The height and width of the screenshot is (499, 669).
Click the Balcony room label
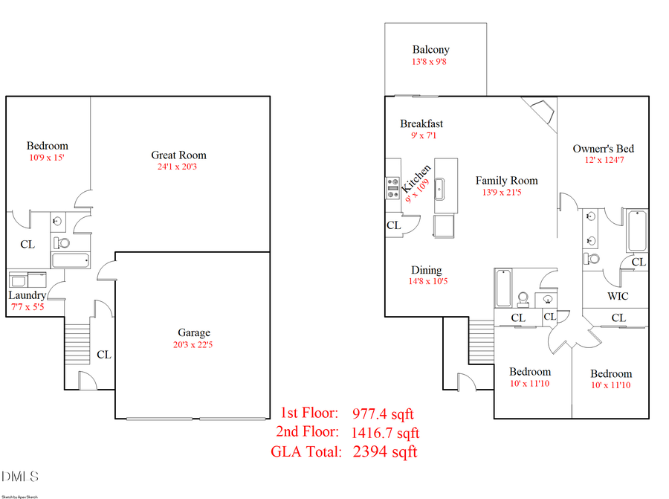(431, 50)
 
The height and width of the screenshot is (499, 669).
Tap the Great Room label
(178, 155)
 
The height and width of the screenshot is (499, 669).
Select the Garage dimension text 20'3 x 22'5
(193, 345)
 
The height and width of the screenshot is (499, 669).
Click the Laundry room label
(28, 295)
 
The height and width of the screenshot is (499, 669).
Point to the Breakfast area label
(421, 123)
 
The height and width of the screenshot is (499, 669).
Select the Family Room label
(506, 181)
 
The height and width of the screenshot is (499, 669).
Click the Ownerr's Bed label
(603, 149)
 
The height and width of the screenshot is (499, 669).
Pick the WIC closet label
(618, 296)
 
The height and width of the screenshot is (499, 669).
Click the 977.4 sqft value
(383, 413)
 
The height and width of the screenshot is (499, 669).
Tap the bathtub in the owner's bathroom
(637, 231)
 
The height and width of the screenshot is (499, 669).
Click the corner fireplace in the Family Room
(541, 112)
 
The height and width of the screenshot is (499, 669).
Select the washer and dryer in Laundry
(28, 280)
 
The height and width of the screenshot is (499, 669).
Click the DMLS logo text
(20, 476)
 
